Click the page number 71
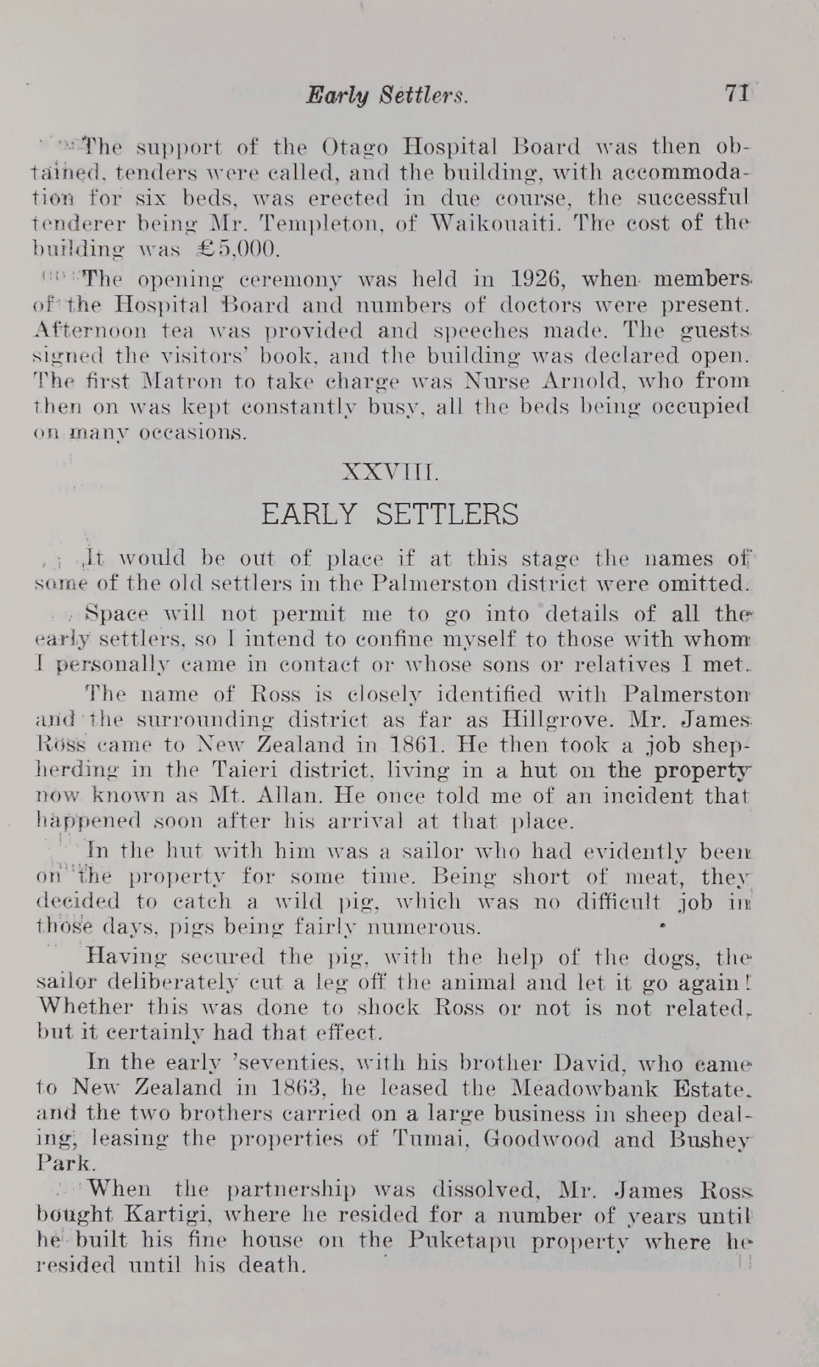(x=736, y=93)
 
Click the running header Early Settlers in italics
(x=387, y=95)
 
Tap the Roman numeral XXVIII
(x=390, y=473)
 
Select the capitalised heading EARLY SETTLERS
(x=390, y=514)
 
